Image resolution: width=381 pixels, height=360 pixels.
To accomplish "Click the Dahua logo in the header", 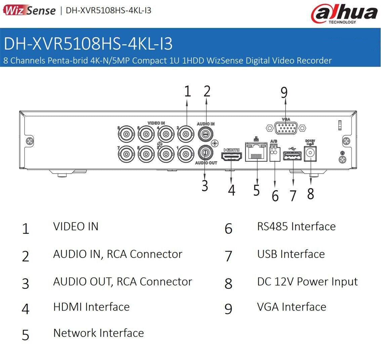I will click(x=344, y=14).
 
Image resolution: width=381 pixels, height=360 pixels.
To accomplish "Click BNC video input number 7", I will click(x=126, y=154).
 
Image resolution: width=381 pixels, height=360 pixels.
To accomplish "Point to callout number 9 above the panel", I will click(x=284, y=93).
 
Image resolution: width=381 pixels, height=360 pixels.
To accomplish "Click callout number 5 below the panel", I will click(x=257, y=190).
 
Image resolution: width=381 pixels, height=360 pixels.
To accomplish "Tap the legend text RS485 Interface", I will click(x=296, y=226).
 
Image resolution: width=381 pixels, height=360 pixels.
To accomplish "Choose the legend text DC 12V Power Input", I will click(x=307, y=281).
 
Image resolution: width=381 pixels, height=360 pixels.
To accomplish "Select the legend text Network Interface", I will click(x=98, y=333).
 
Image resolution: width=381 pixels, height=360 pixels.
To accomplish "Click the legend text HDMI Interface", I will click(x=91, y=307).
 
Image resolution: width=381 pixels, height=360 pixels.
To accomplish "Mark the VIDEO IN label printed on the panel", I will click(x=156, y=123).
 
